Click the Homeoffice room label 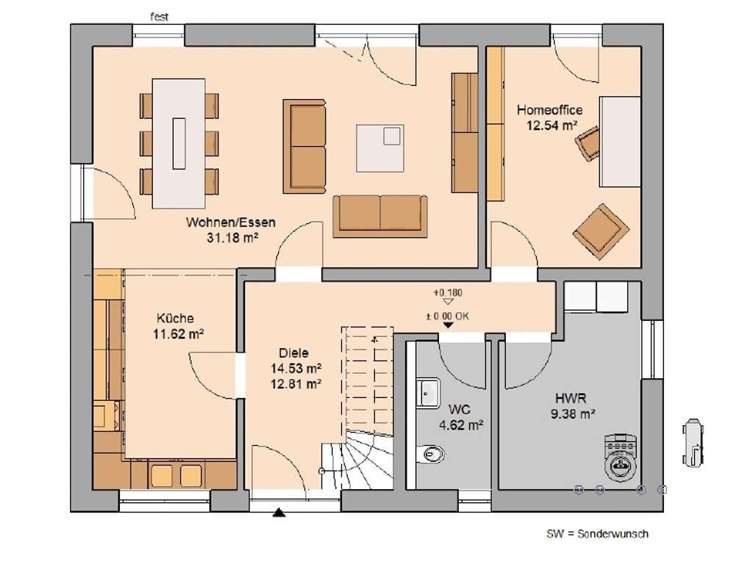pos(549,110)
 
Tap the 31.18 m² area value pos(232,237)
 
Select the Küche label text pos(175,318)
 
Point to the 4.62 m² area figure pos(461,425)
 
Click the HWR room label pos(571,398)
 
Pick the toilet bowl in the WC pos(431,453)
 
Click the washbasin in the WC pos(428,393)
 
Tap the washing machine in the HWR pos(621,458)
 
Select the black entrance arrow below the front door pos(279,513)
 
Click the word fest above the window pos(160,17)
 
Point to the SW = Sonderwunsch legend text pos(597,534)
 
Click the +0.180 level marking pos(448,292)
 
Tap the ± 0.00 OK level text pos(447,316)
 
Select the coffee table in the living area pos(380,148)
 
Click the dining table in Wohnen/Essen pos(179,143)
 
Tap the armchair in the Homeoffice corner pos(601,231)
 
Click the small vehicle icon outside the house pos(693,442)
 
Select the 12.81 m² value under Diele pos(296,383)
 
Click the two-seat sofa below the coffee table pos(380,216)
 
